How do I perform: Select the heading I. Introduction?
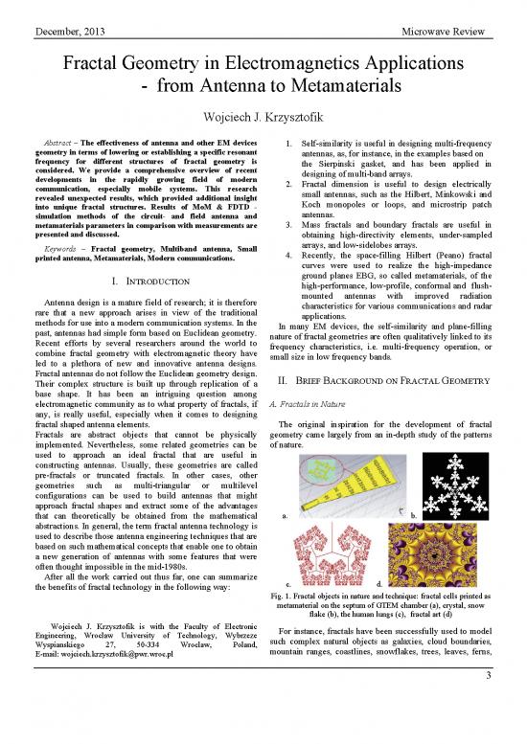[135, 283]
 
